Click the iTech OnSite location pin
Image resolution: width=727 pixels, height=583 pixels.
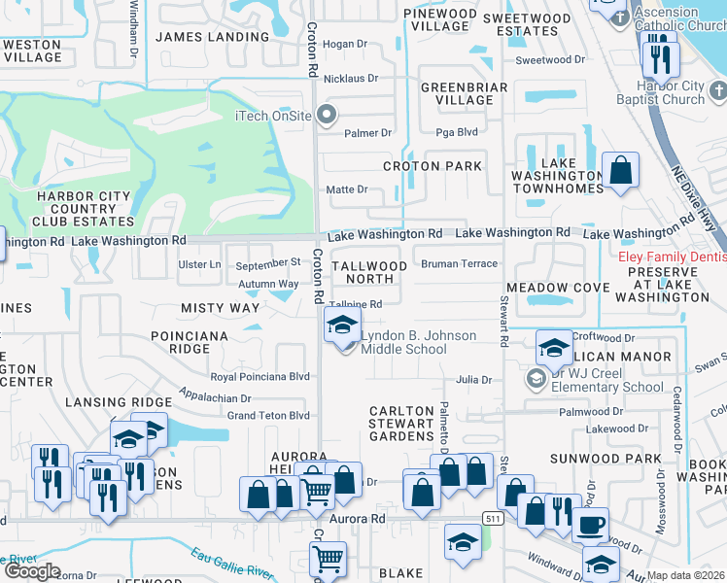pos(327,116)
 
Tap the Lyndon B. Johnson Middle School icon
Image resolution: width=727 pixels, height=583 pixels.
pos(340,327)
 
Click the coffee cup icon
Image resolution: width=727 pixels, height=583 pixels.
pos(591,528)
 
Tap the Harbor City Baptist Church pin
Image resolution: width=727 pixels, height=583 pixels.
pos(717,91)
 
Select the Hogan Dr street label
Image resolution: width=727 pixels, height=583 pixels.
pos(344,44)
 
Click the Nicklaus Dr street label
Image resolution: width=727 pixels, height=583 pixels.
pos(346,78)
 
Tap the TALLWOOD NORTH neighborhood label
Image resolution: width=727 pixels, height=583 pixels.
pos(369,272)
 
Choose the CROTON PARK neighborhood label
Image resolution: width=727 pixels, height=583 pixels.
pos(433,166)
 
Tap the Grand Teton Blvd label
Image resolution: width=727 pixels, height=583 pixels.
pos(267,416)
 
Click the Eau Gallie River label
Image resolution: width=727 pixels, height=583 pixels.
pos(227,561)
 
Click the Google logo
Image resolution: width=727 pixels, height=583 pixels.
pos(32,571)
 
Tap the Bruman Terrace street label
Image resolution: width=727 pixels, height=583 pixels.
pos(459,263)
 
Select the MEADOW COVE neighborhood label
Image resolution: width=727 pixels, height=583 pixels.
pos(558,288)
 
